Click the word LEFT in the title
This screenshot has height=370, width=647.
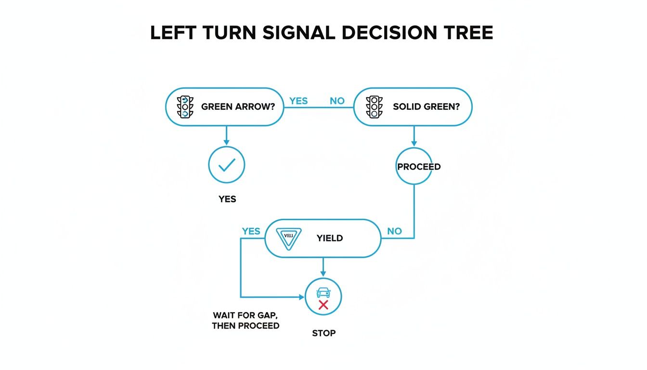point(175,32)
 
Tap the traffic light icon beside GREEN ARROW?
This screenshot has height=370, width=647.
point(185,106)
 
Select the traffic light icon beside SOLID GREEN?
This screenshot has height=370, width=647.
point(374,106)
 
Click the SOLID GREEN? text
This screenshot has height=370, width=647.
point(426,106)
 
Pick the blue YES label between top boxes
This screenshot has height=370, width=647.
point(298,101)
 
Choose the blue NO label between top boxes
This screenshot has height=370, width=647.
point(337,101)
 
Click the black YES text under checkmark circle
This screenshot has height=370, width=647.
point(227,198)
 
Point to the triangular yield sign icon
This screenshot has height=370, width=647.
point(289,238)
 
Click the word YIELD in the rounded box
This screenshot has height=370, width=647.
point(330,238)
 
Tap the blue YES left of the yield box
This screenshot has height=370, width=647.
point(251,231)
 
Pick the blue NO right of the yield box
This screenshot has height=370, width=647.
point(394,231)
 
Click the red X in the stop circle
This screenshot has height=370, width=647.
point(323,305)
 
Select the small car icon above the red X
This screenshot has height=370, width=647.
point(323,292)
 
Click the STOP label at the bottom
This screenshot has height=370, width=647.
point(323,333)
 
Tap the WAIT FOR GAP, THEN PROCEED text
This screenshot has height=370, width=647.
point(246,320)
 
